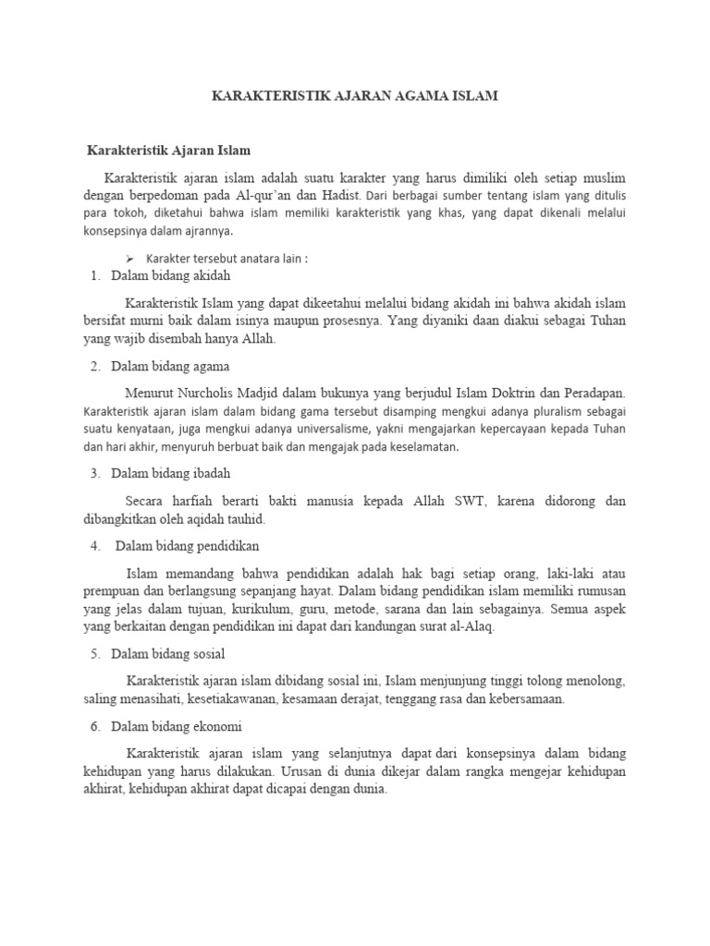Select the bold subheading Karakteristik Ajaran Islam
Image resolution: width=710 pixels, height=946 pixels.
168,149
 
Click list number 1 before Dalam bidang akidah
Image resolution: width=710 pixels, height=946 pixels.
94,275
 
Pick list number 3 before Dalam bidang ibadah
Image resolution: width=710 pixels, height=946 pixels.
94,473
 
